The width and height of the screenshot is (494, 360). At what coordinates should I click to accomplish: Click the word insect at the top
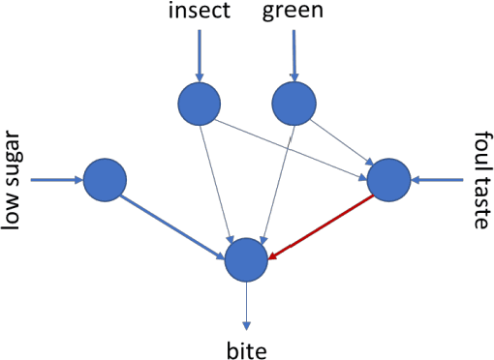point(200,13)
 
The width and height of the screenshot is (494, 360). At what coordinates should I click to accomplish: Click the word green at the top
point(293,13)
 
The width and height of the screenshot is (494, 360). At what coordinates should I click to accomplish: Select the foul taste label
point(481,181)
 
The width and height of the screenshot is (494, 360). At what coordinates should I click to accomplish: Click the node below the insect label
point(201,102)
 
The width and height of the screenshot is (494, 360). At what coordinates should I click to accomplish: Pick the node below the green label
point(295,102)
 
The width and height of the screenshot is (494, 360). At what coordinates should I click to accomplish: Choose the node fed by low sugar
point(106,180)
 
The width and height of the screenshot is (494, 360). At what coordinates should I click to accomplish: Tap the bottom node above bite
point(246,260)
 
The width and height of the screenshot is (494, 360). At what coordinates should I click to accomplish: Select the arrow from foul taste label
point(438,179)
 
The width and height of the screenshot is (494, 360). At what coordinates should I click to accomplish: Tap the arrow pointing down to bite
point(246,305)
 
